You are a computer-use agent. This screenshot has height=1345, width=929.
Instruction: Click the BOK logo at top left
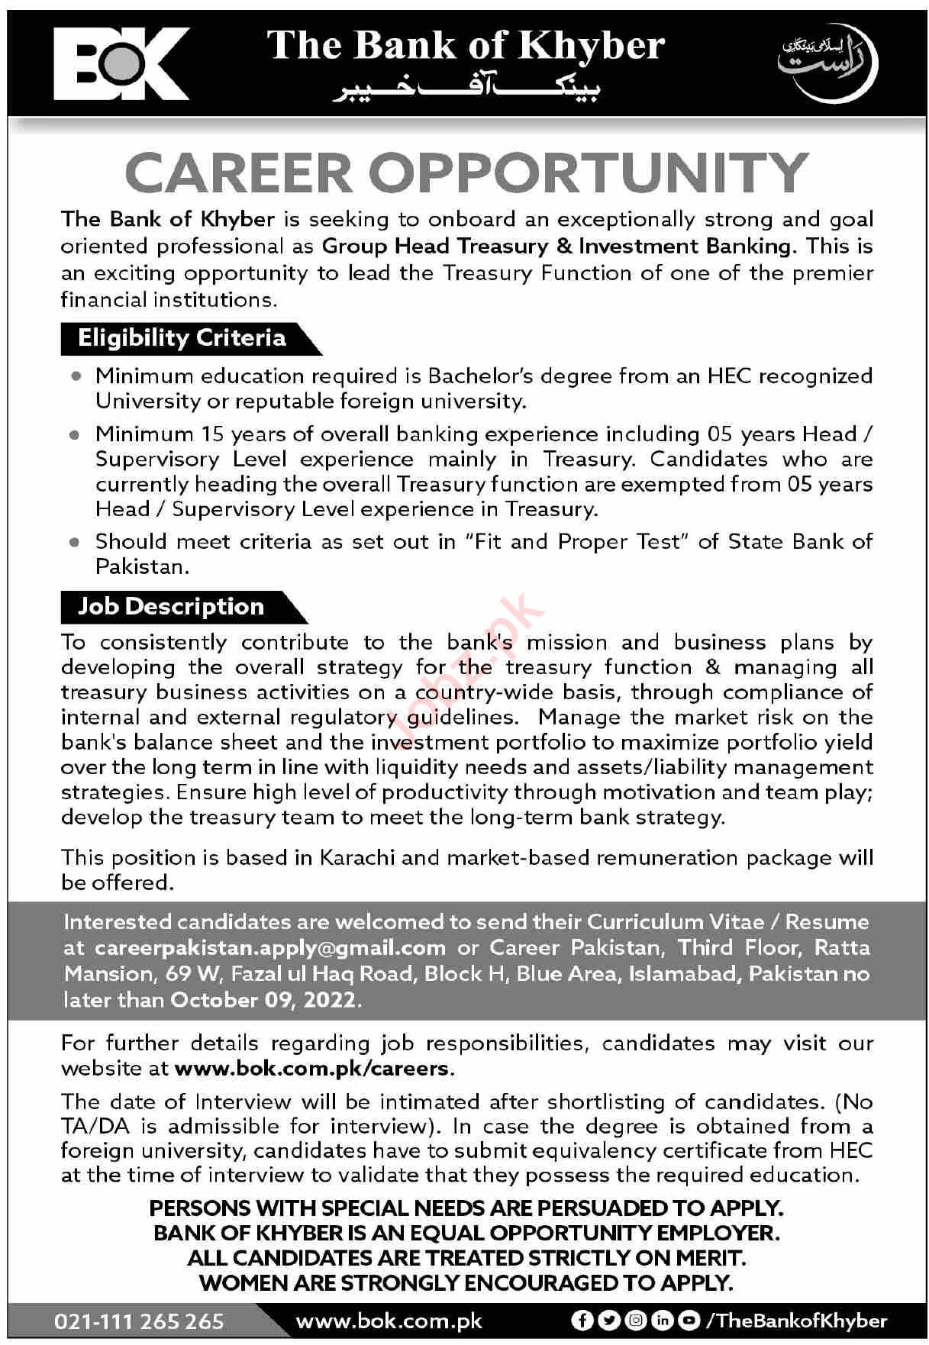pyautogui.click(x=121, y=64)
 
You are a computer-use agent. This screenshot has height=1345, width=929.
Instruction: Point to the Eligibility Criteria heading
pyautogui.click(x=182, y=338)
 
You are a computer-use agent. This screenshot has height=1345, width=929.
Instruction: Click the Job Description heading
pyautogui.click(x=171, y=607)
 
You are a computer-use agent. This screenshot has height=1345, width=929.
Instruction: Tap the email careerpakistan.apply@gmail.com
pyautogui.click(x=270, y=948)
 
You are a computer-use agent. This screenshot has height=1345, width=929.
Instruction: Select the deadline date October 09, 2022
pyautogui.click(x=263, y=1000)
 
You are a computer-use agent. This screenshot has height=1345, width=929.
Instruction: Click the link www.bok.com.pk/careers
pyautogui.click(x=312, y=1068)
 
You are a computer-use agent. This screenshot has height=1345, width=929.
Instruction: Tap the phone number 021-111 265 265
pyautogui.click(x=139, y=1321)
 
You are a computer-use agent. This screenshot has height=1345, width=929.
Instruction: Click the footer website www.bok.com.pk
pyautogui.click(x=389, y=1321)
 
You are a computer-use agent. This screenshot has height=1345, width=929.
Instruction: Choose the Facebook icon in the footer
pyautogui.click(x=582, y=1321)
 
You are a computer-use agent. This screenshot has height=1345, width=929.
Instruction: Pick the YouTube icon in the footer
pyautogui.click(x=689, y=1321)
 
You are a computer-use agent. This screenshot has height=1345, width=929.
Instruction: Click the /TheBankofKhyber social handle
pyautogui.click(x=797, y=1321)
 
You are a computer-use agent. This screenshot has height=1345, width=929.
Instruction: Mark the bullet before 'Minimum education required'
pyautogui.click(x=75, y=376)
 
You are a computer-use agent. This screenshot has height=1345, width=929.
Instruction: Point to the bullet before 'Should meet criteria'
pyautogui.click(x=75, y=543)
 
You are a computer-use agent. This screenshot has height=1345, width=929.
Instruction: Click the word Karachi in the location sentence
pyautogui.click(x=357, y=857)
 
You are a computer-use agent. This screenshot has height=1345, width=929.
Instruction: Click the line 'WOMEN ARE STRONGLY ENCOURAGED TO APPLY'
pyautogui.click(x=466, y=1283)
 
